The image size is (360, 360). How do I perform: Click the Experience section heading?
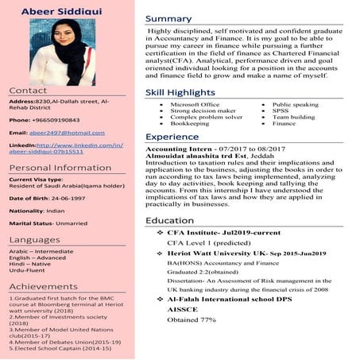pyautogui.click(x=172, y=137)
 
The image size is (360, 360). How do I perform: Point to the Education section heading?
pyautogui.click(x=169, y=219)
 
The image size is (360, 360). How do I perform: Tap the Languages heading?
pyautogui.click(x=34, y=239)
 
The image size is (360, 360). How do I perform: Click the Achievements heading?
pyautogui.click(x=43, y=286)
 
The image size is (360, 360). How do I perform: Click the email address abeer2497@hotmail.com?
pyautogui.click(x=67, y=132)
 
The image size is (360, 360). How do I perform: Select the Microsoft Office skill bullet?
pyautogui.click(x=195, y=105)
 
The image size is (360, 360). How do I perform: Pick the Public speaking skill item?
pyautogui.click(x=295, y=105)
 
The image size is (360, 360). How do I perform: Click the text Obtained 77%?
pyautogui.click(x=191, y=319)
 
